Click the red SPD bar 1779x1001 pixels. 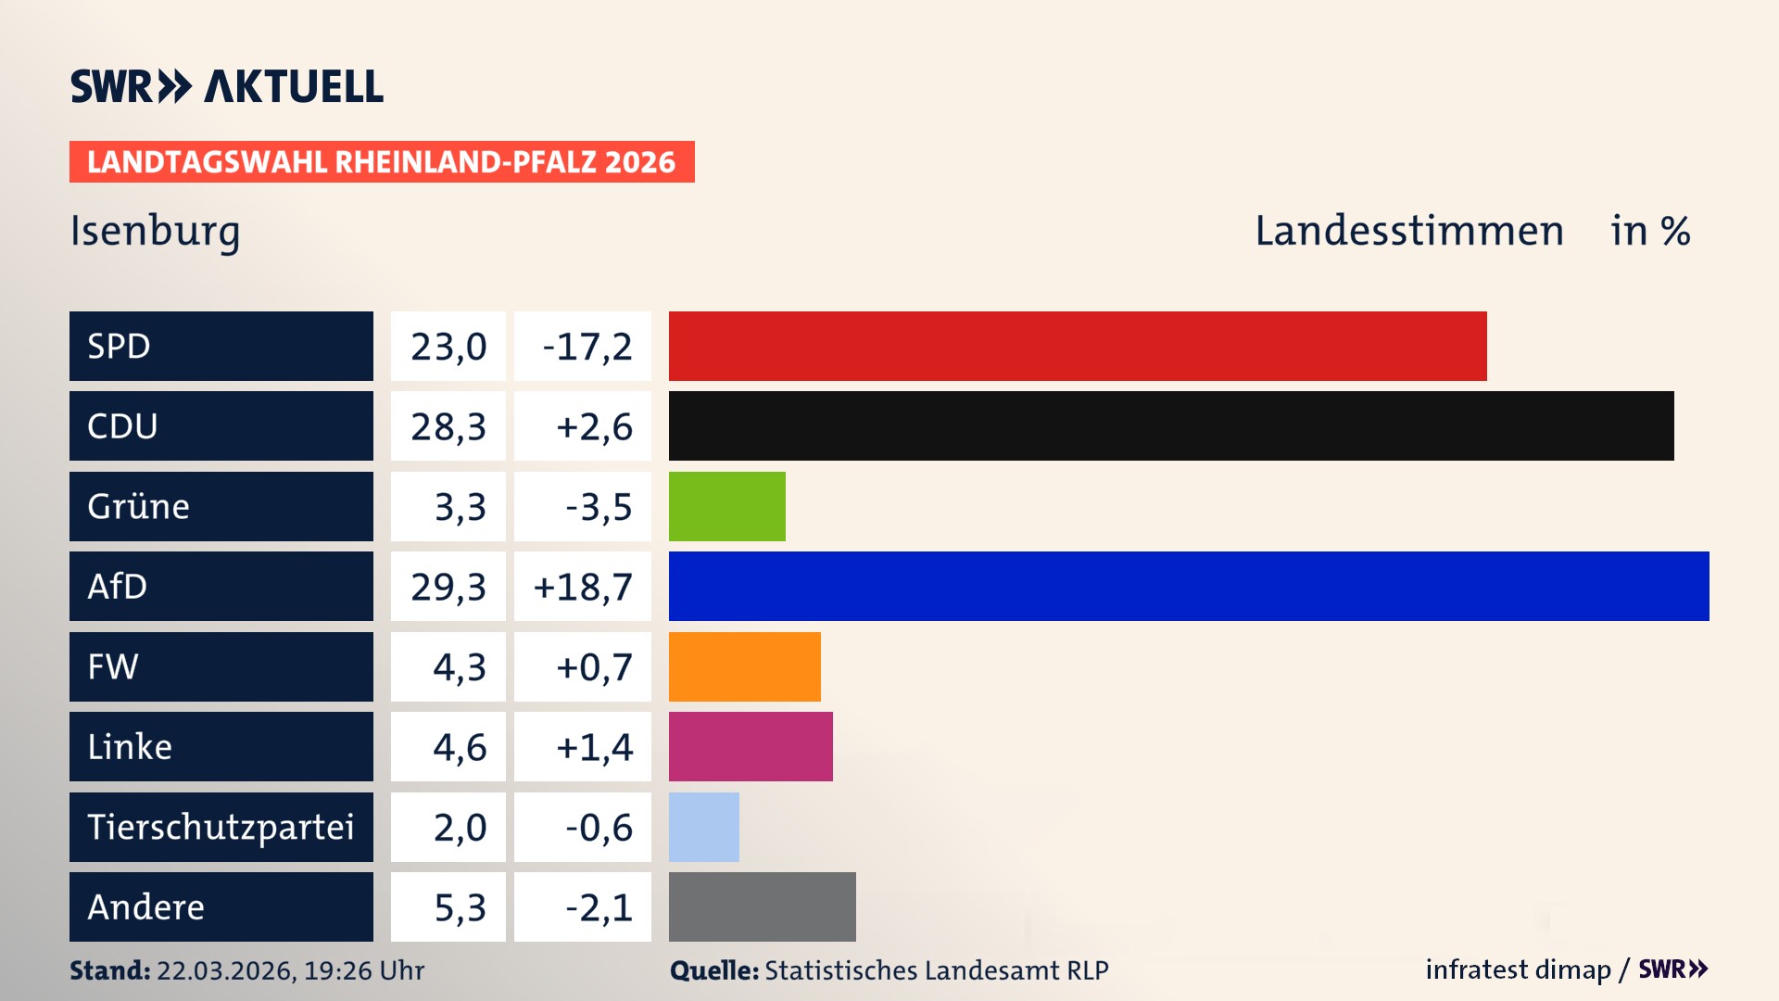click(x=1077, y=346)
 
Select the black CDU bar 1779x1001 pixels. click(x=1170, y=426)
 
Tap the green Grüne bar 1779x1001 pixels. click(x=726, y=506)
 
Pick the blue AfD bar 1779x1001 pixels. click(x=1188, y=586)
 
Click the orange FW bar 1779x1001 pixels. click(x=744, y=666)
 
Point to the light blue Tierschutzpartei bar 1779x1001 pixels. click(x=703, y=827)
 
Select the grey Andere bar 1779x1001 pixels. click(x=762, y=906)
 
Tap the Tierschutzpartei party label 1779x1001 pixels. click(x=221, y=827)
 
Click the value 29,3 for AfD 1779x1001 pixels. click(x=448, y=587)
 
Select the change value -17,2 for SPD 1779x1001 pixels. click(x=586, y=347)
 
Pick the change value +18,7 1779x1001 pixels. click(x=583, y=587)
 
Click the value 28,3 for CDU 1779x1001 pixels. click(x=448, y=426)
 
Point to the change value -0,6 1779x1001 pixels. click(x=598, y=827)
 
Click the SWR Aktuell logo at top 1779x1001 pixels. click(x=227, y=86)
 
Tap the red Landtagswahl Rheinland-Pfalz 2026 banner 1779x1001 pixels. click(x=382, y=162)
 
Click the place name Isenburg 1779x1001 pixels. click(x=155, y=232)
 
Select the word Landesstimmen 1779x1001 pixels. click(x=1408, y=231)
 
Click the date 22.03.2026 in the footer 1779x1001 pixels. click(x=224, y=970)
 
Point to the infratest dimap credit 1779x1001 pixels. click(x=1517, y=969)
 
